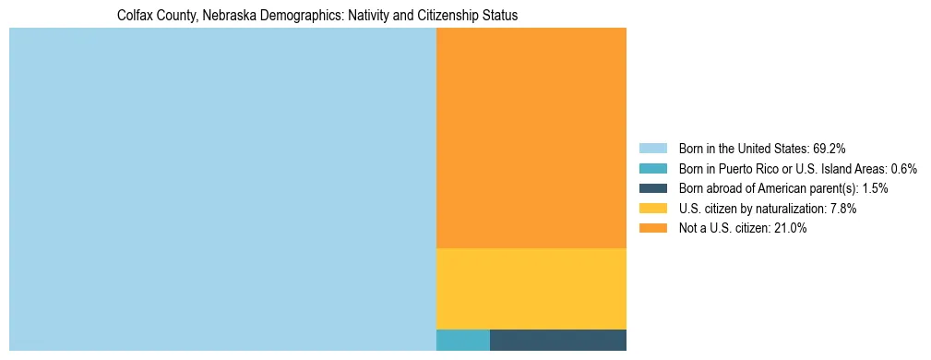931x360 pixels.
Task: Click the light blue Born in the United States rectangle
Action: [x=222, y=189]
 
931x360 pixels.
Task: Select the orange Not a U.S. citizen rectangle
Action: [x=531, y=138]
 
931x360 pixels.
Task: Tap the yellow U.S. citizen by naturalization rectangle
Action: [x=531, y=288]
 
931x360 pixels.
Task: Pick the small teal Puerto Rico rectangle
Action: [x=462, y=340]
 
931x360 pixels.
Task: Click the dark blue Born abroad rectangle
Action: [x=557, y=340]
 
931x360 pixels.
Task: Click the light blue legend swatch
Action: [x=652, y=149]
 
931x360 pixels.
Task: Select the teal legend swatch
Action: [x=652, y=169]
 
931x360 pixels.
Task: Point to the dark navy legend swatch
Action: [x=652, y=188]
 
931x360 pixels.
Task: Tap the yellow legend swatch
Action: [x=652, y=209]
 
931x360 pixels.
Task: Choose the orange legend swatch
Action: [x=652, y=229]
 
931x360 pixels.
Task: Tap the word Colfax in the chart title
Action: [x=136, y=17]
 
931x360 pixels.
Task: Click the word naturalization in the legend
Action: [x=782, y=209]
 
